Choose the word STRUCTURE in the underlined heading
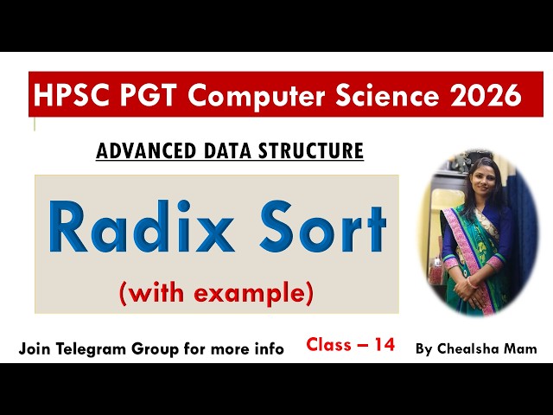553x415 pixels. coord(312,151)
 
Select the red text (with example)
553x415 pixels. coord(216,294)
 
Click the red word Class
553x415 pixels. coord(329,345)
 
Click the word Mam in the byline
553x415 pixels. coord(524,349)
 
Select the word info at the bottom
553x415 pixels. coord(268,349)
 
